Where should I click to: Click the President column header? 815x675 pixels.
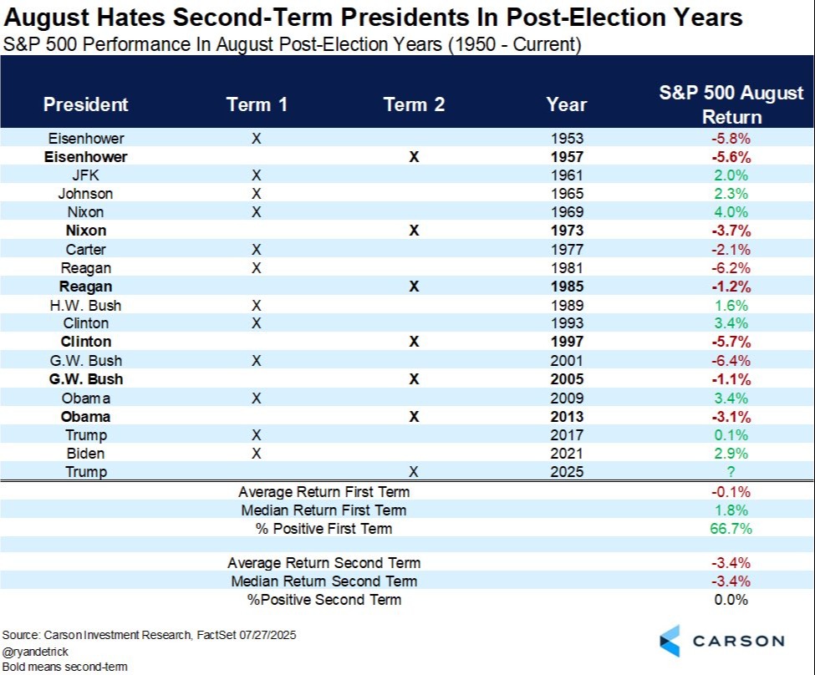click(86, 104)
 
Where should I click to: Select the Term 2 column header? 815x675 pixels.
click(414, 104)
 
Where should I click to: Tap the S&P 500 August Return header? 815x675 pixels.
click(731, 104)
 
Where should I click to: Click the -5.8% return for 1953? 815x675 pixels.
click(731, 139)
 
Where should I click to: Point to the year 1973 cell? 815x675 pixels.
click(567, 231)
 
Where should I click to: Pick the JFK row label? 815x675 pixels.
click(86, 175)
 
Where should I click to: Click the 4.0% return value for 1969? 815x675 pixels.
click(731, 212)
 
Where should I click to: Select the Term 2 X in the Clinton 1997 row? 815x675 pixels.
click(414, 342)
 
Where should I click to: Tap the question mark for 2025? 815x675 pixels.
click(731, 472)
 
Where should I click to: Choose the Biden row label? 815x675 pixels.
click(86, 454)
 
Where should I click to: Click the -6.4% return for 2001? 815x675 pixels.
click(731, 361)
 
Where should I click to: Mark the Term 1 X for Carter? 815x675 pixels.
click(257, 250)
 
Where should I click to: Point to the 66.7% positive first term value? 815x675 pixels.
click(731, 529)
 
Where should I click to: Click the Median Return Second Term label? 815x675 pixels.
click(324, 581)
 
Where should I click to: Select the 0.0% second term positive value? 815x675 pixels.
click(731, 600)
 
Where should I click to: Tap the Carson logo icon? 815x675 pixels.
click(670, 641)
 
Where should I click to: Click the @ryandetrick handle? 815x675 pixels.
click(35, 652)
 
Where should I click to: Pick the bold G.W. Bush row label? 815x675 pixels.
click(86, 379)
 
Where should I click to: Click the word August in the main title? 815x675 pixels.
click(48, 18)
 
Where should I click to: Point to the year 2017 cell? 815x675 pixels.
click(567, 435)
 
